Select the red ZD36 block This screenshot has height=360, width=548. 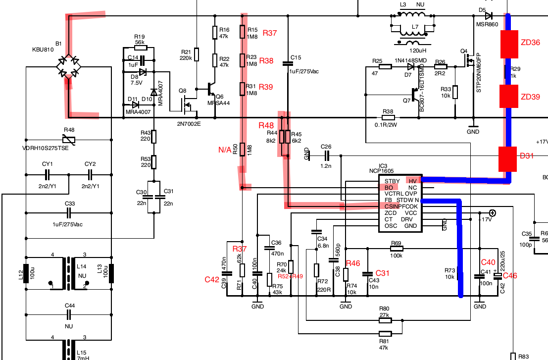(508, 44)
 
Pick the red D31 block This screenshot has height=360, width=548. (508, 159)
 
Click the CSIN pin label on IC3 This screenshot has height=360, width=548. (392, 206)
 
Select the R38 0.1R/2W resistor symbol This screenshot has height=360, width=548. (388, 118)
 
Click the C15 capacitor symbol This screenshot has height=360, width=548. (287, 63)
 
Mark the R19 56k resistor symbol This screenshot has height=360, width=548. (139, 48)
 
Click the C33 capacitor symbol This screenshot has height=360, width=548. (69, 213)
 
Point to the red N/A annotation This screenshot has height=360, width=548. (225, 150)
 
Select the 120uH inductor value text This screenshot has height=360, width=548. (417, 51)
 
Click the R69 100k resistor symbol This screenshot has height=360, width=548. (396, 249)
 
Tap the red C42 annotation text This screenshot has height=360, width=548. (212, 280)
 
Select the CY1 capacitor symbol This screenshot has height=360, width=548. (48, 174)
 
